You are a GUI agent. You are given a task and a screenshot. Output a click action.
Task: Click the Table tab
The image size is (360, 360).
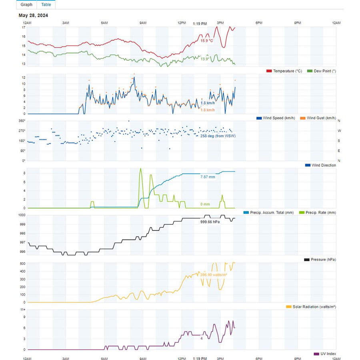pos(46,4)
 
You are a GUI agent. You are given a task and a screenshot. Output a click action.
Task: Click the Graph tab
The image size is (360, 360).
pos(26,4)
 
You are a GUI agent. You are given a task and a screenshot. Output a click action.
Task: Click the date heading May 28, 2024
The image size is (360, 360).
pos(34,16)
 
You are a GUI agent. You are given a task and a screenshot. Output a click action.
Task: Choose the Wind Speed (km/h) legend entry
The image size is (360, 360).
pos(276,118)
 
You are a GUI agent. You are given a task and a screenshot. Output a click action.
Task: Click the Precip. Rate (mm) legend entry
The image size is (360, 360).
pos(318,212)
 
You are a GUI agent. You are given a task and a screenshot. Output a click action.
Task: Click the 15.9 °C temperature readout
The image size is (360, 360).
pos(207,41)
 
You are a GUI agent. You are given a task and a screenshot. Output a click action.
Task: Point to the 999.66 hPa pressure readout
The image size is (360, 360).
pos(210,221)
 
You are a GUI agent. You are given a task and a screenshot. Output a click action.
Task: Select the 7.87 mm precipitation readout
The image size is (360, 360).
pos(208,176)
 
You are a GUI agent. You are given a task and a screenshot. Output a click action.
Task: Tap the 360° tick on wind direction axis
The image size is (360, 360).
pos(22,121)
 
